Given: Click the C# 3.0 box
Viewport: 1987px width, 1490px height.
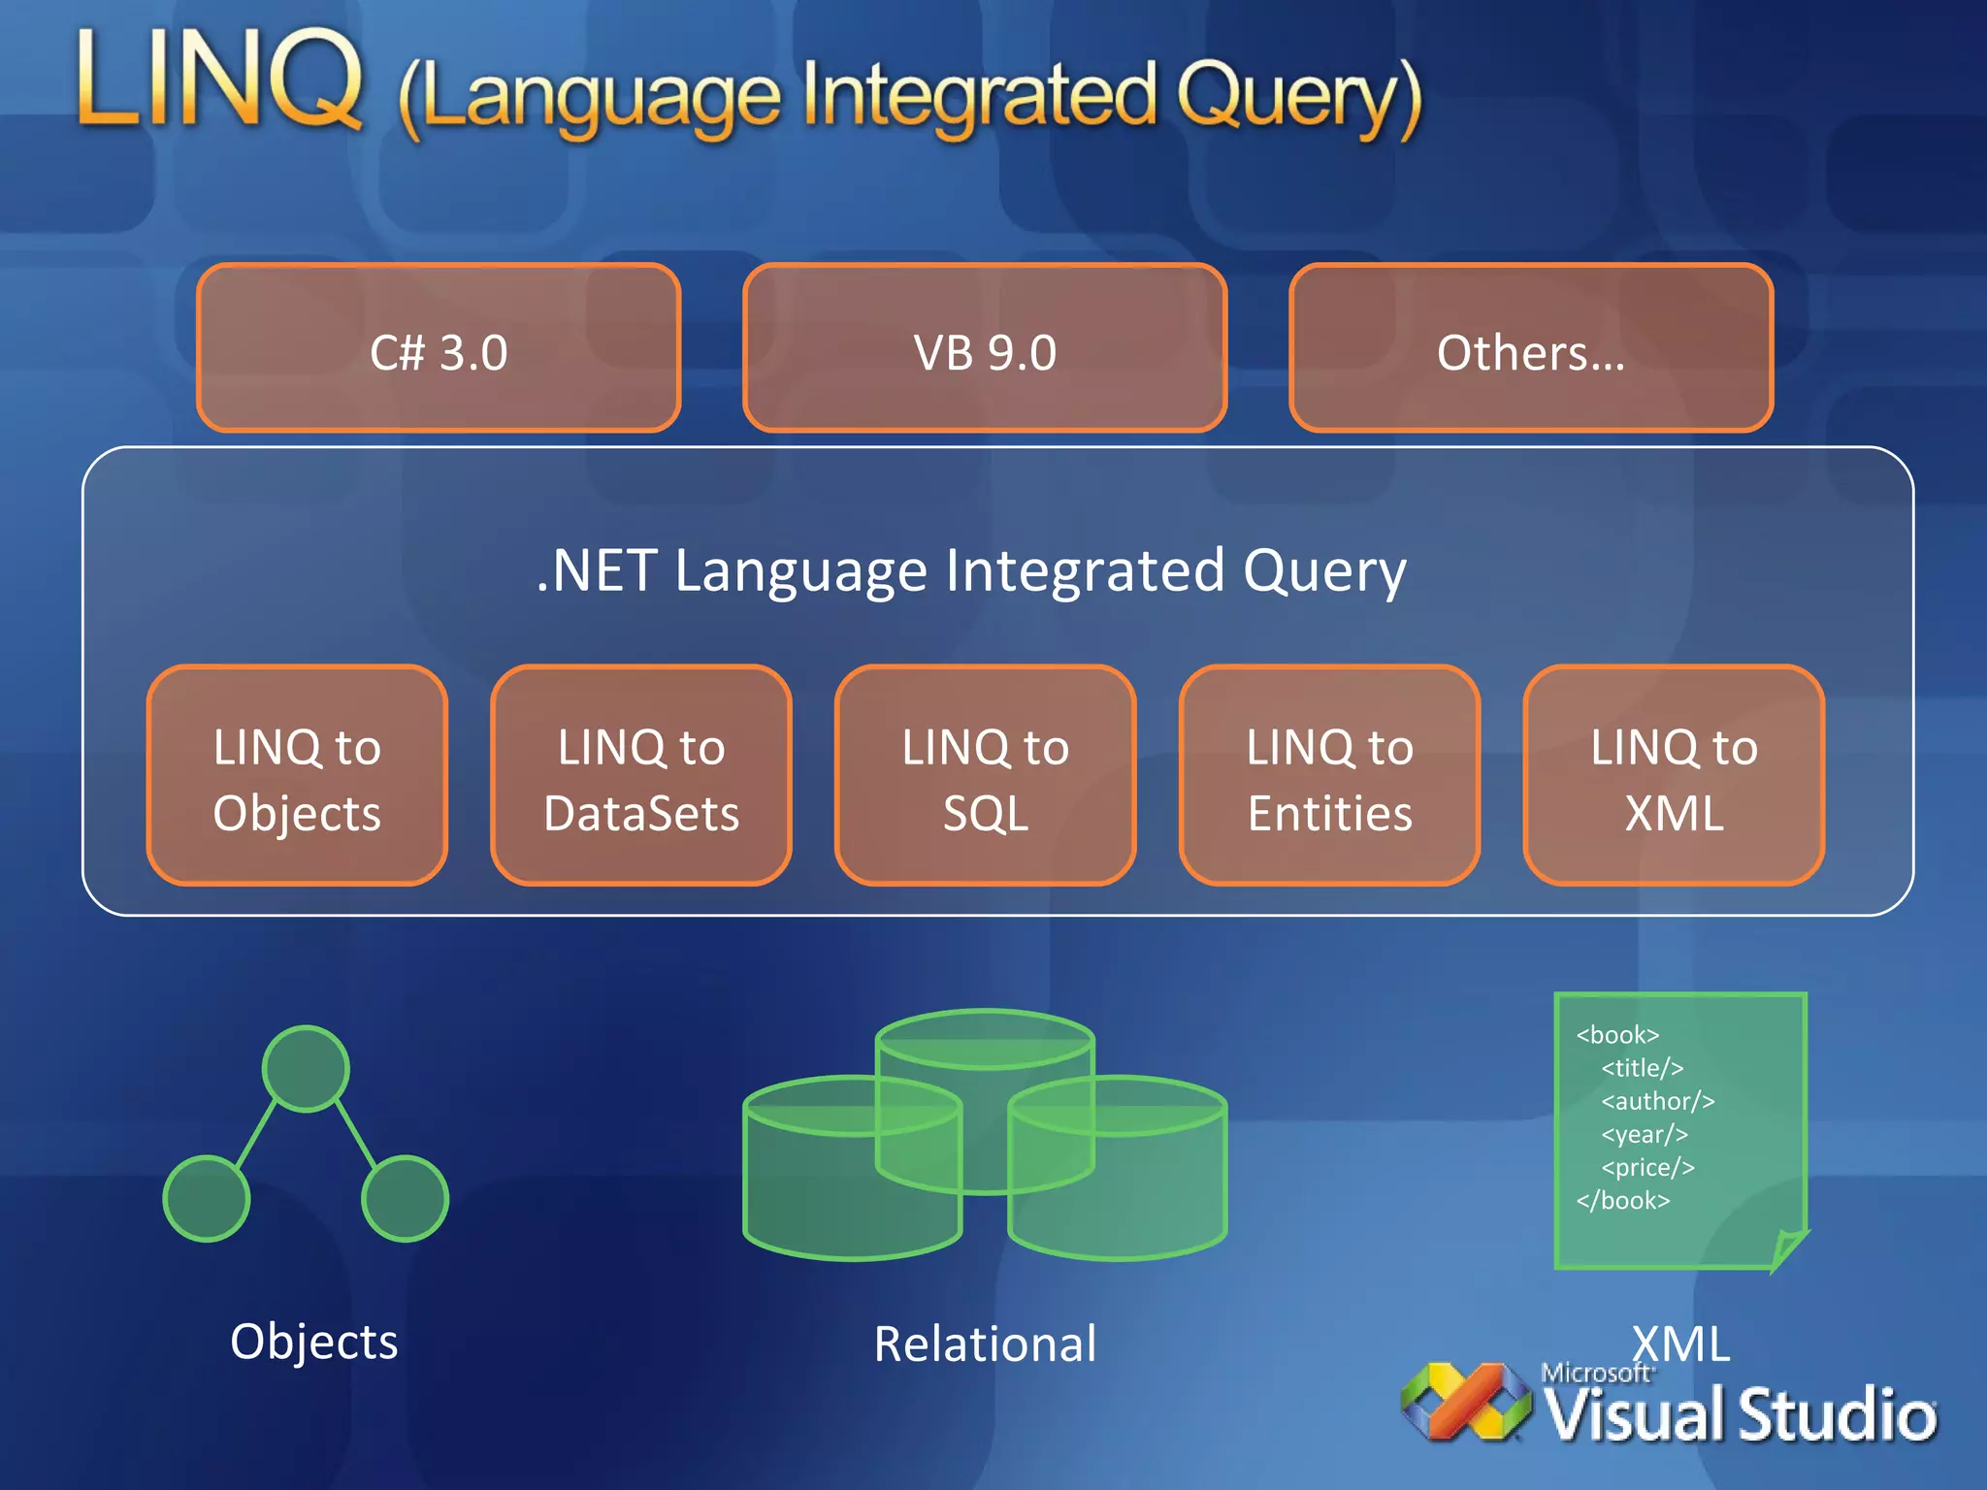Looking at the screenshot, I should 439,349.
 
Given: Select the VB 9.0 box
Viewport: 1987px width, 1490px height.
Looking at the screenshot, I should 985,349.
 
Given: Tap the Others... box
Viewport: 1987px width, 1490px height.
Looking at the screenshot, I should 1531,349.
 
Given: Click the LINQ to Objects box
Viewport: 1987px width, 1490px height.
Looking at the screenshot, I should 297,776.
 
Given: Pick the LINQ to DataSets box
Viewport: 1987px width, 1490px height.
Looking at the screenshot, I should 641,776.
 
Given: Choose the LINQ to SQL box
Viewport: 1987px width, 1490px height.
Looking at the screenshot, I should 985,776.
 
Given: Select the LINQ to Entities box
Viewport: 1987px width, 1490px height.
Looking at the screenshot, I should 1329,776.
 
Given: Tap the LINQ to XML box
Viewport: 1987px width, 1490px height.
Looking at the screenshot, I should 1674,776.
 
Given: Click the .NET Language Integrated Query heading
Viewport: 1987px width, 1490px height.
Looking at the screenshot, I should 970,570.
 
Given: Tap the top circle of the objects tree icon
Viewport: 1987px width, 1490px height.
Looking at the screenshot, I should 306,1068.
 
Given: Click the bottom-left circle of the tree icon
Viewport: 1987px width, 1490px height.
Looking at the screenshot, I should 207,1198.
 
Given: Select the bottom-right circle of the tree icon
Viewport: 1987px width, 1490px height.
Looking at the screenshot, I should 405,1198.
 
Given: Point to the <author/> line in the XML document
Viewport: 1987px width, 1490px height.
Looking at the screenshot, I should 1657,1101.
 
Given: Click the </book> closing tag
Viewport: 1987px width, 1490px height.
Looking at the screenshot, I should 1623,1201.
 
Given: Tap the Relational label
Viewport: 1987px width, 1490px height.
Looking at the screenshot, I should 985,1344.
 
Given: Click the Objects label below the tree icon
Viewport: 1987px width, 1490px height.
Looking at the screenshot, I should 314,1342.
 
